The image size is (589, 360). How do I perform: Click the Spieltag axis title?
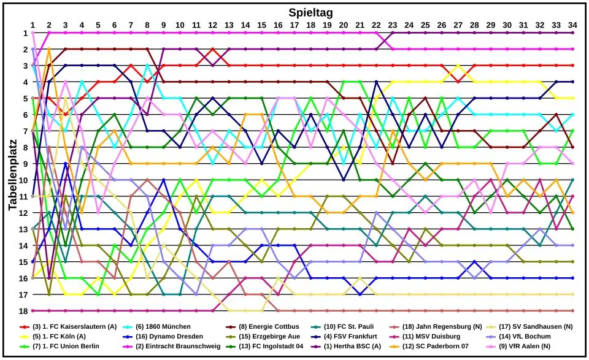pos(310,12)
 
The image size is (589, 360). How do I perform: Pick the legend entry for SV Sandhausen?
pos(535,326)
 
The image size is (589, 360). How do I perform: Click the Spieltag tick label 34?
pos(572,25)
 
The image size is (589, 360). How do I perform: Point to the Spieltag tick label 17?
pos(294,25)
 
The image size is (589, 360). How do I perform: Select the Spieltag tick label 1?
pos(33,25)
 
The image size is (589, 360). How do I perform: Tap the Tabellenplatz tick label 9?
pos(25,164)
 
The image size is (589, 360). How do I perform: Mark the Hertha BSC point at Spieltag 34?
pos(572,33)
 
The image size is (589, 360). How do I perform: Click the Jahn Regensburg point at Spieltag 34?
pos(572,311)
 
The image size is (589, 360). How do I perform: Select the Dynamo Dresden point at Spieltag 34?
pos(572,278)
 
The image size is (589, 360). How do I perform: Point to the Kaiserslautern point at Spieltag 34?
pos(572,65)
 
